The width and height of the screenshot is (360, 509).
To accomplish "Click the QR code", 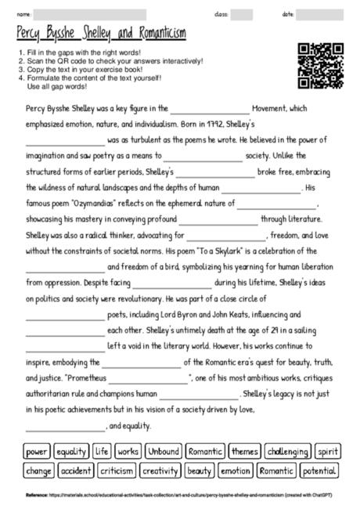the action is coord(322,64).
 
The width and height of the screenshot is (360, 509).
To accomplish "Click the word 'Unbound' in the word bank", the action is coord(164,452).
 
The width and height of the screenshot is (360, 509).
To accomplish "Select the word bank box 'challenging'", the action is coord(287,452).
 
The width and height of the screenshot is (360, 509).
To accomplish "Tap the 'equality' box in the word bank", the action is coord(71,452).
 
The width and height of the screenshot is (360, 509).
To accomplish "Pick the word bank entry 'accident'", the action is coord(76,471).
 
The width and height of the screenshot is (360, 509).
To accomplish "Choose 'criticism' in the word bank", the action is coord(117,471).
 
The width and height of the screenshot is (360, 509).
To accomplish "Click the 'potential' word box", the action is coord(319,471).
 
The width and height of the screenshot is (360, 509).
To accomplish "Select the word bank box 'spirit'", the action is coord(328,452).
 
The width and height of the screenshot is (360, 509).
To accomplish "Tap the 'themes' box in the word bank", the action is coord(244,452).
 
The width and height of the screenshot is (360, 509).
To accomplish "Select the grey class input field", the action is coord(242,15).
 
